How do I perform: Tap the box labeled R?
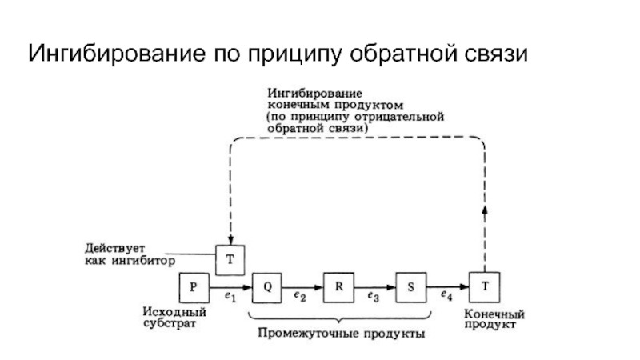tap(338, 286)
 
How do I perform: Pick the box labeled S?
tap(410, 286)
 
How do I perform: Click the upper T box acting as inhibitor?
tap(231, 258)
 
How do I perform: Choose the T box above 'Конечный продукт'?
tap(484, 286)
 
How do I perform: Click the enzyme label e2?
tap(300, 298)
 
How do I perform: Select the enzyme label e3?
tap(373, 298)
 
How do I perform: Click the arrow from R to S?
tap(374, 286)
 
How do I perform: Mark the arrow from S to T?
tap(449, 286)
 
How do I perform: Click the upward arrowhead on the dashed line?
tap(484, 207)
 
